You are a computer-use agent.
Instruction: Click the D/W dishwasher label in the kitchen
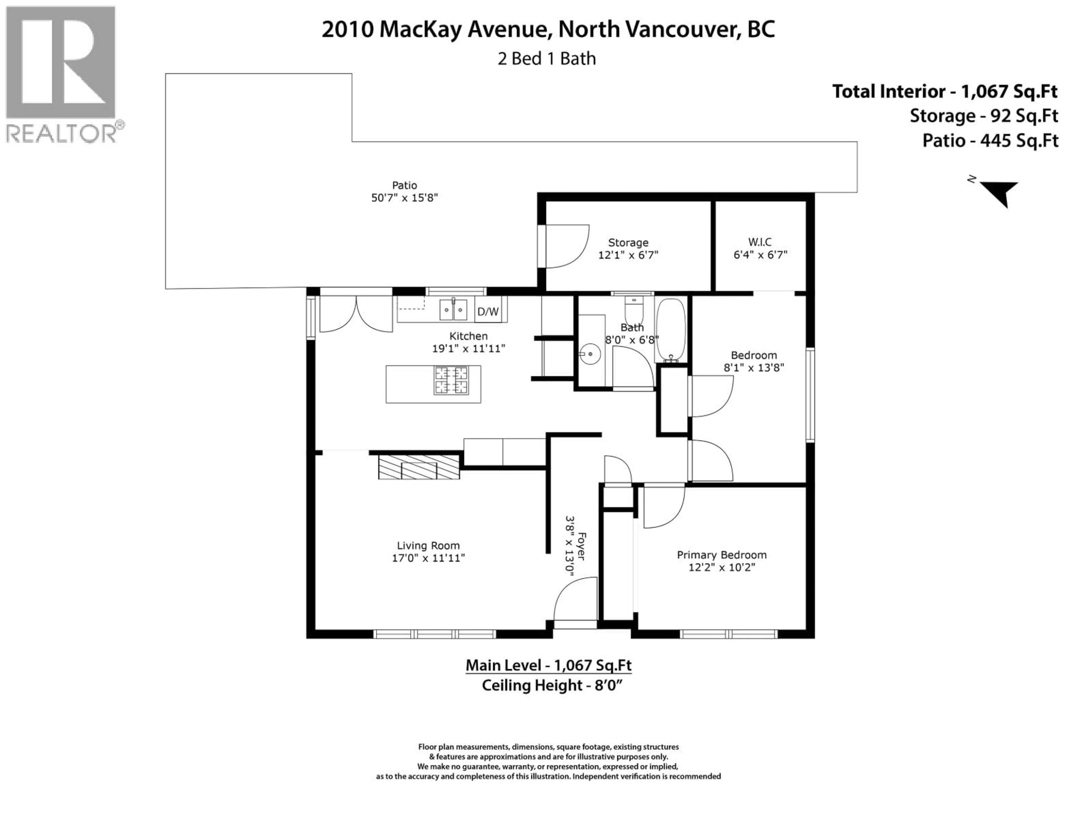pyautogui.click(x=488, y=311)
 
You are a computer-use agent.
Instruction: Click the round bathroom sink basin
pyautogui.click(x=590, y=354)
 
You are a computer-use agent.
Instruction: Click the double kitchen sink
pyautogui.click(x=453, y=309)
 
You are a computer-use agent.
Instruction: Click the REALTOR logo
pyautogui.click(x=61, y=74)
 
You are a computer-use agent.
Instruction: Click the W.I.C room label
pyautogui.click(x=760, y=242)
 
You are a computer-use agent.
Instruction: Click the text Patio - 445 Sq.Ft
pyautogui.click(x=990, y=141)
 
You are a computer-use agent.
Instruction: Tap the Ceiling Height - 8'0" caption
pyautogui.click(x=551, y=686)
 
